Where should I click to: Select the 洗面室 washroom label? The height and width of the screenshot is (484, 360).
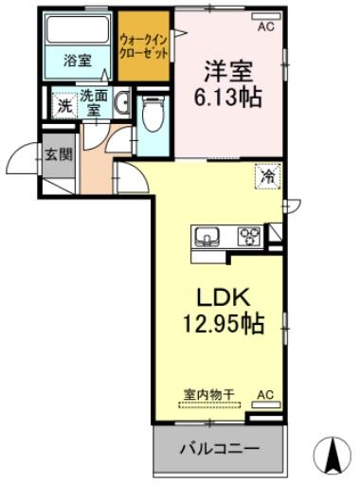coord(93,101)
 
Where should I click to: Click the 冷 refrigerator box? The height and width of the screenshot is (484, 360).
coord(269,175)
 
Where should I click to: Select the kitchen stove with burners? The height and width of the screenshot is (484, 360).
coord(248,235)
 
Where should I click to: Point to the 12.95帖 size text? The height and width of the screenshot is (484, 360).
coord(224,324)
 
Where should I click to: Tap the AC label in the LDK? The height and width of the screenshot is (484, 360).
coord(265,393)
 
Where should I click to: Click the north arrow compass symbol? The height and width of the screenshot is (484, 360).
coord(333,455)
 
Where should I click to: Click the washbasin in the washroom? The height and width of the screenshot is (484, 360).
coord(122,104)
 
